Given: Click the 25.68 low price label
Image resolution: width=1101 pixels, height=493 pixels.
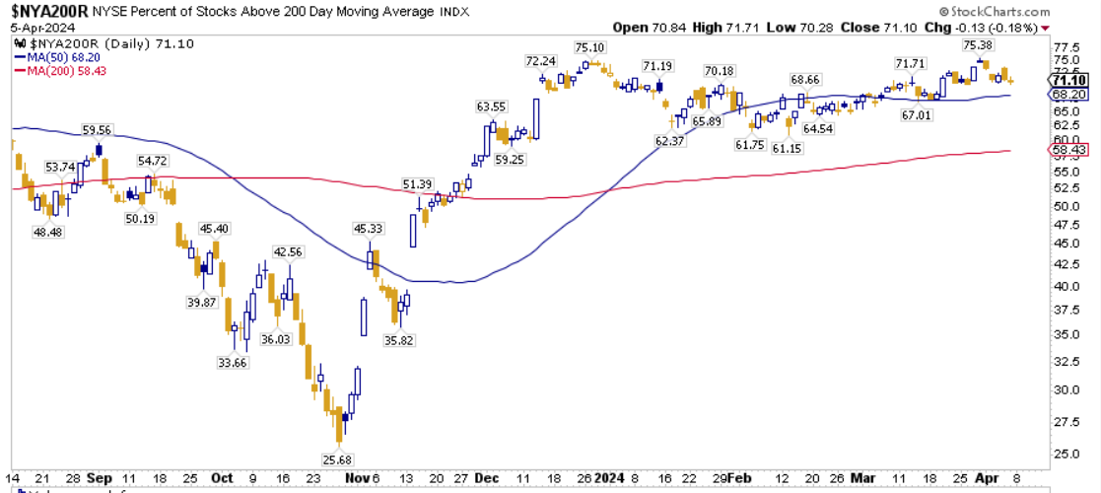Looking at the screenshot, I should click(x=337, y=460).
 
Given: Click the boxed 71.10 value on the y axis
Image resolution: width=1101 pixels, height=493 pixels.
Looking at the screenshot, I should click(x=1068, y=81).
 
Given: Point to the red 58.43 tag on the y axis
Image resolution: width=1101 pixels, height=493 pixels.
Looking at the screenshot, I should click(x=1068, y=149).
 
